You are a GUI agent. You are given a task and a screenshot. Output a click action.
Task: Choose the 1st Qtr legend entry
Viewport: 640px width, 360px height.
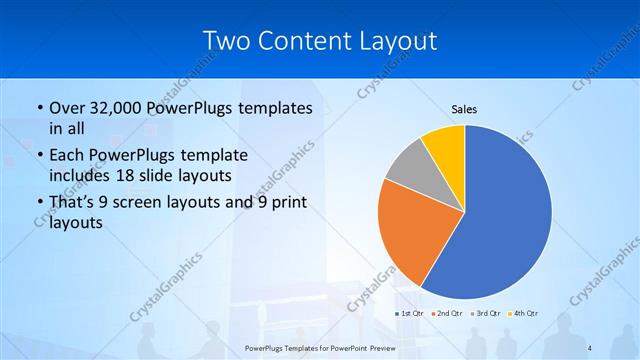(408, 314)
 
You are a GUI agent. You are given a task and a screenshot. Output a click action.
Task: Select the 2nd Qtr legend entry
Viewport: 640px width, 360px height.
(446, 314)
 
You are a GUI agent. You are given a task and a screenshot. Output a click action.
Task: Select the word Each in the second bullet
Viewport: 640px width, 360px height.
(66, 155)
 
